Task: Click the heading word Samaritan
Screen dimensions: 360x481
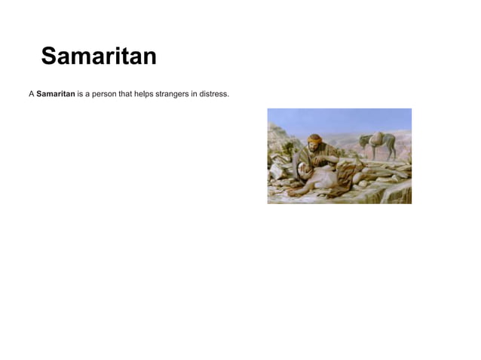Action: (99, 56)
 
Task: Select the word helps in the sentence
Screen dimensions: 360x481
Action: (145, 94)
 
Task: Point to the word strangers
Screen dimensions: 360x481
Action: (175, 94)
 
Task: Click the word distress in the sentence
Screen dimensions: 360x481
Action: (214, 94)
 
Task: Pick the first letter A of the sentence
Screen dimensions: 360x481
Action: (32, 94)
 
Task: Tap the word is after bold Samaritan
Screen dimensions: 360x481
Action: (81, 94)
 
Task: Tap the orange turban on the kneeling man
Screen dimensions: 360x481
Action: (314, 139)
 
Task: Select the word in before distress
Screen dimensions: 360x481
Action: (195, 94)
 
